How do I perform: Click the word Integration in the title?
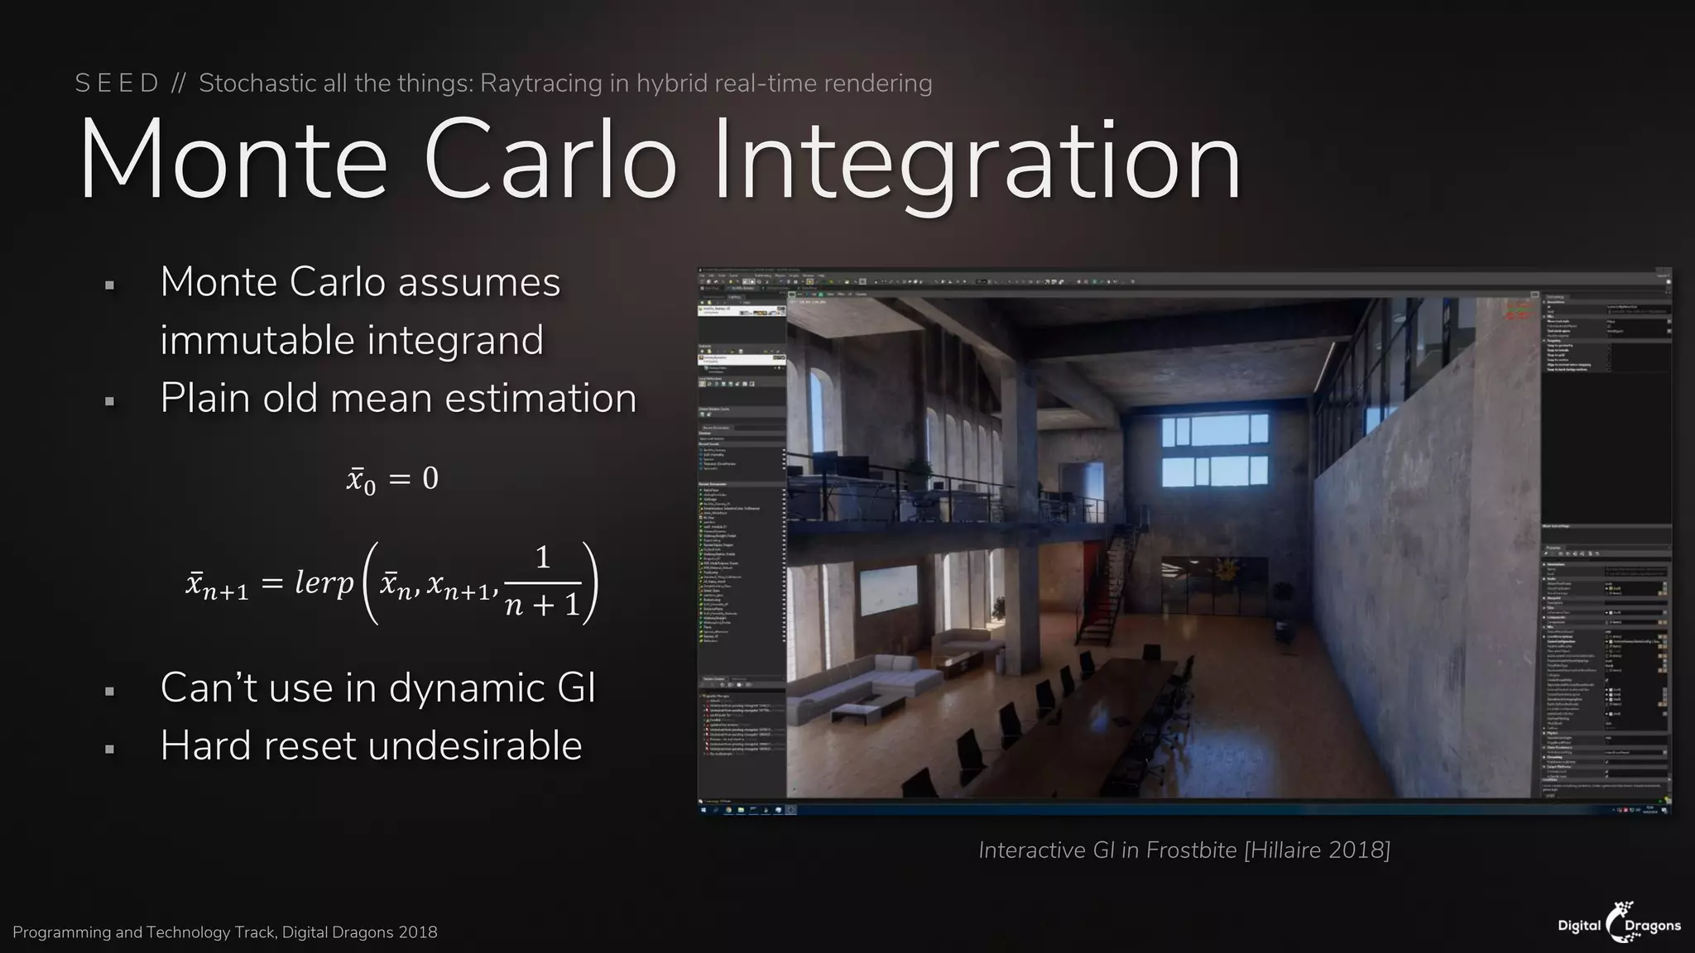click(977, 161)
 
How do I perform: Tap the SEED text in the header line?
click(116, 84)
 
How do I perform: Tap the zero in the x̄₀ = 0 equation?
click(430, 478)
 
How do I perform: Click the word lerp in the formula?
click(324, 582)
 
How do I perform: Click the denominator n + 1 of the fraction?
click(542, 606)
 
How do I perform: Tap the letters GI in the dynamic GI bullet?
click(575, 688)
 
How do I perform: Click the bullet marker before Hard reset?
click(109, 749)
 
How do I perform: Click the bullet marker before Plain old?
click(109, 402)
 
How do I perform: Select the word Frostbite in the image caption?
click(1191, 850)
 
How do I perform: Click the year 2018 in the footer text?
click(417, 932)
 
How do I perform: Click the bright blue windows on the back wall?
click(1214, 451)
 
